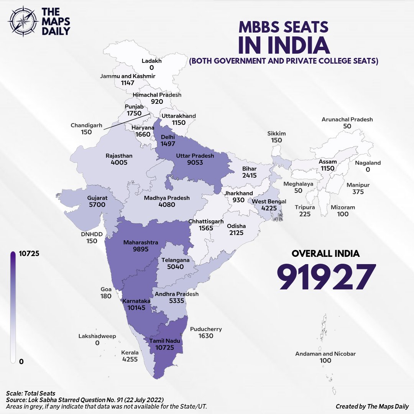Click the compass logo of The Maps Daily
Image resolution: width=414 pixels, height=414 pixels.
(24, 21)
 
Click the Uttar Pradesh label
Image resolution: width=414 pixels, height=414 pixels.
(195, 156)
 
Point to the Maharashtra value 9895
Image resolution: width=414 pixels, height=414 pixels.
(141, 249)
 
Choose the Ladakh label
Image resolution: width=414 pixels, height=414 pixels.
(152, 61)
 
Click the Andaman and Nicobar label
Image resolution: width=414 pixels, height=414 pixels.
(325, 354)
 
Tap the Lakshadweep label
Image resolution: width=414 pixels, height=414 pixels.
(97, 336)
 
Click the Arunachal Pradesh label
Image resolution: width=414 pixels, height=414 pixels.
(347, 119)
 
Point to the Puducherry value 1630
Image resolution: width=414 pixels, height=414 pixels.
(206, 336)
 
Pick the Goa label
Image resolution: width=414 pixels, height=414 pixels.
(106, 289)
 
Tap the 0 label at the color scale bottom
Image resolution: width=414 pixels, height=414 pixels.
(21, 361)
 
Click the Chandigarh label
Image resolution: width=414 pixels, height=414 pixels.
(86, 125)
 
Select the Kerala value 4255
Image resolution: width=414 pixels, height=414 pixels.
(130, 359)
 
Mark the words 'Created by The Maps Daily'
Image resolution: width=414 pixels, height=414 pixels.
(372, 406)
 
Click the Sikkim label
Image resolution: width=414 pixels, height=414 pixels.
(276, 133)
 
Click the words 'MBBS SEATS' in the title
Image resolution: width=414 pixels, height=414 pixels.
(284, 27)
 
